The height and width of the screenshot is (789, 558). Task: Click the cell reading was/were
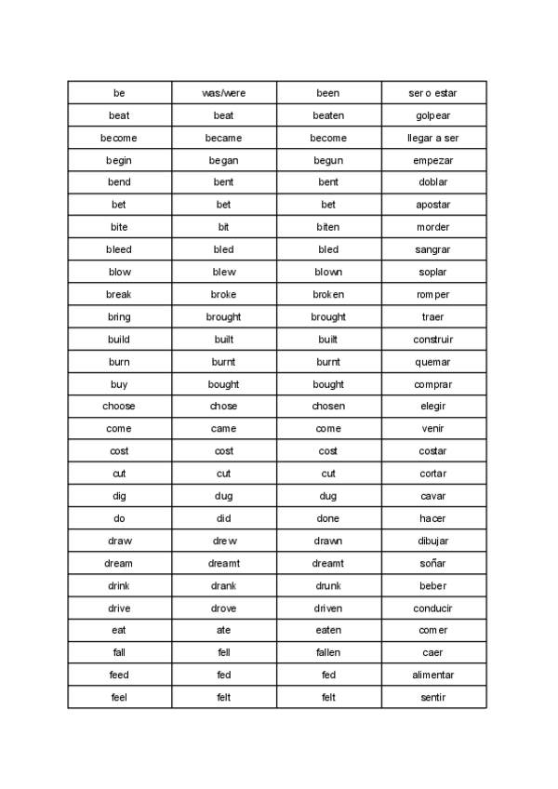pos(223,93)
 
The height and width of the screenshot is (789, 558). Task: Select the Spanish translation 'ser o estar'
pos(432,93)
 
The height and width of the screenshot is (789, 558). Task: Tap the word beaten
pos(328,115)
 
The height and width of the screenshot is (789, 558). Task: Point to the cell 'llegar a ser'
pos(432,138)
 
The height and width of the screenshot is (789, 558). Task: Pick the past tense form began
pos(223,160)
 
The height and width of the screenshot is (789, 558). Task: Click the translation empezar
pos(432,160)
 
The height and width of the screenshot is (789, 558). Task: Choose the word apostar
pos(432,205)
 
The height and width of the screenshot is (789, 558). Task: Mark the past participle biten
pos(328,227)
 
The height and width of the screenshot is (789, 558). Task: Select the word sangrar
pos(432,249)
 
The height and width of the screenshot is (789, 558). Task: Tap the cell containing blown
pos(328,272)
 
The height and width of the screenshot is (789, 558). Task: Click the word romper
pos(432,294)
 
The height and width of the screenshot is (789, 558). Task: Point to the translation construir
pos(432,340)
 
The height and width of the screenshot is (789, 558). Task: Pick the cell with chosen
pos(328,407)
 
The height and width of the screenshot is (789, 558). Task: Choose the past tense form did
pos(223,518)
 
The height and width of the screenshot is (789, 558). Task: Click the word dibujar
pos(432,541)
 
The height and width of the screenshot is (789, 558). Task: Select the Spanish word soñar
pos(432,563)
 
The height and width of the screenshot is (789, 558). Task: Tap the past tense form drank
pos(223,585)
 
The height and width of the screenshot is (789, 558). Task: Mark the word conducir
pos(432,608)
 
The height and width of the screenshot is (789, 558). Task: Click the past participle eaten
pos(328,630)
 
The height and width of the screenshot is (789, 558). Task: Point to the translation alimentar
pos(432,675)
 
